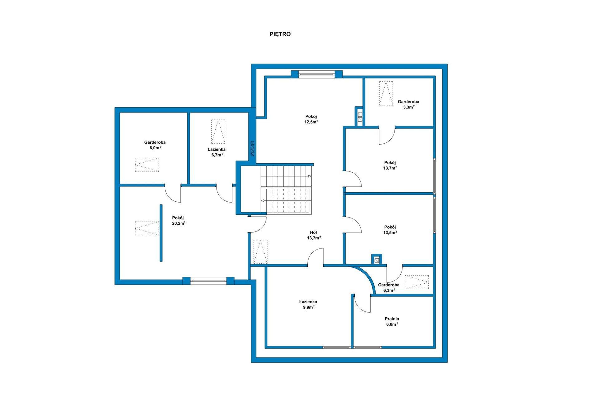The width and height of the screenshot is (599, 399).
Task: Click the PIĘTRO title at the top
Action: (280, 34)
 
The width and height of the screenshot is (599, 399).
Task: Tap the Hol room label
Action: (314, 233)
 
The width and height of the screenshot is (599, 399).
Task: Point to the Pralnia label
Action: (392, 319)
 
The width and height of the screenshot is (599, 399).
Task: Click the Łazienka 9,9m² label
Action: (308, 304)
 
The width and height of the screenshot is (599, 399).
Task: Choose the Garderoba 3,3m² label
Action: (408, 104)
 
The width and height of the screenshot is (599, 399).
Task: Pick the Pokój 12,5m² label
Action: (311, 119)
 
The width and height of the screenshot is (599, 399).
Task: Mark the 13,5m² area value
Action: (390, 233)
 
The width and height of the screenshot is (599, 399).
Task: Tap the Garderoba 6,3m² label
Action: (389, 287)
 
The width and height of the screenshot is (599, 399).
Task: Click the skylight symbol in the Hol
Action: (261, 252)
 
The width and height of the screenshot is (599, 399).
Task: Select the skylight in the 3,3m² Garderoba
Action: (386, 93)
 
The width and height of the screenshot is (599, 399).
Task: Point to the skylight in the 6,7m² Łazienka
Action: (218, 132)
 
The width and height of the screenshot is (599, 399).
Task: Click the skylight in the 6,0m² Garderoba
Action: (147, 165)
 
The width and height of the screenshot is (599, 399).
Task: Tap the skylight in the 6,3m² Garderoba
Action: (417, 282)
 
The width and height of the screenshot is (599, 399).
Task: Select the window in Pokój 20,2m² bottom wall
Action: (208, 281)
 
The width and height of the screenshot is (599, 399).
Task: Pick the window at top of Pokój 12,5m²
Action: (317, 74)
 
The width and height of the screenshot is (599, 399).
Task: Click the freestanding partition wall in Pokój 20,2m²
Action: (161, 233)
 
